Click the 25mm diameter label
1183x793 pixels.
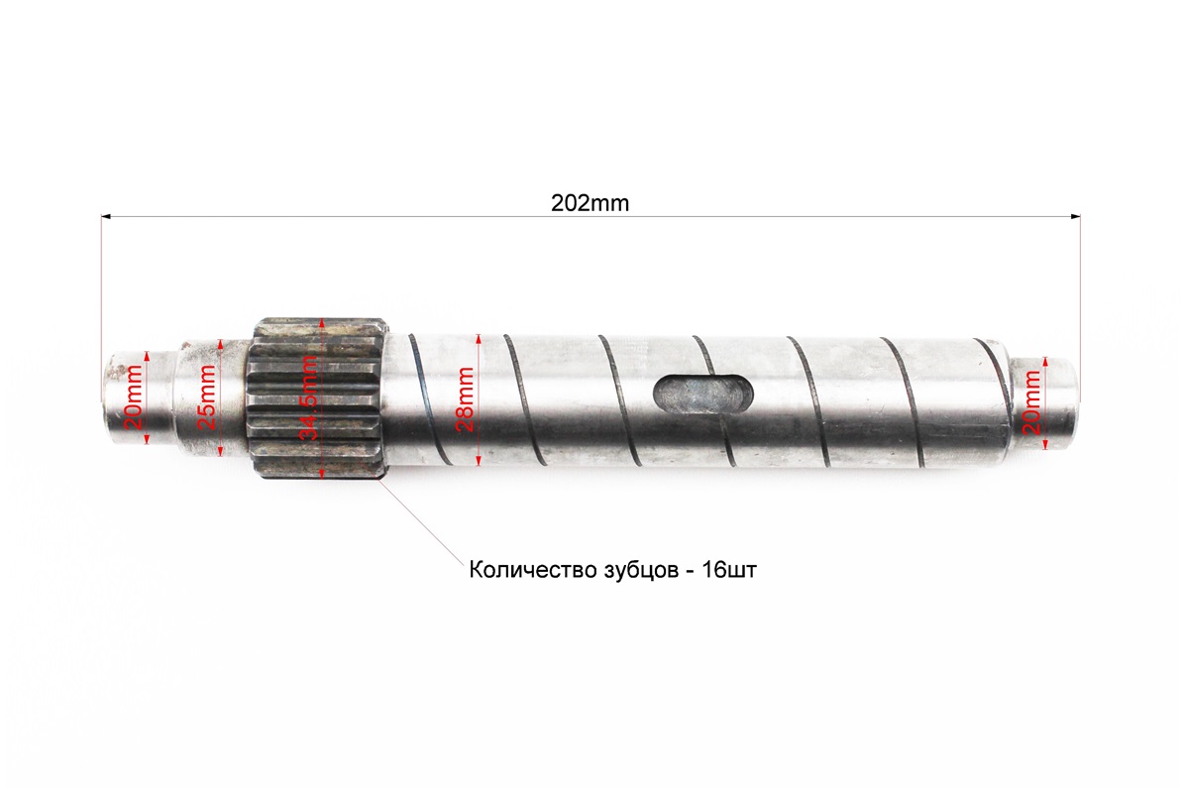pos(206,397)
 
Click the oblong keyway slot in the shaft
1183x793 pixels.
pos(700,392)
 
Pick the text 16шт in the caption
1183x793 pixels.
pos(735,572)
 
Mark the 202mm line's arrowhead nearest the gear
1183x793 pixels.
pos(105,215)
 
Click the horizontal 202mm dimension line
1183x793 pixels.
pos(396,215)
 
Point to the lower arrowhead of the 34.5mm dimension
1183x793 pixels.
pos(323,472)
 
